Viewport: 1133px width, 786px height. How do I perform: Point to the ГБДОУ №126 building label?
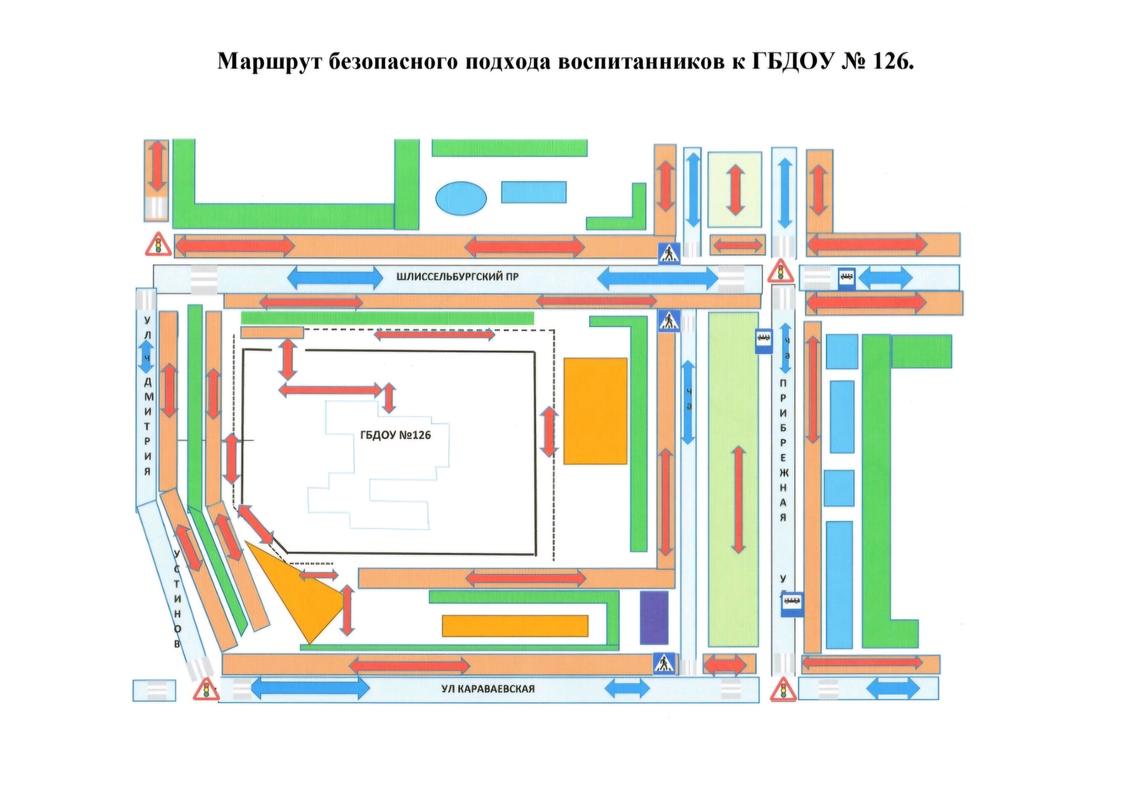pos(395,435)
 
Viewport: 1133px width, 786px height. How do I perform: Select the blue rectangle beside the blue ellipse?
pos(533,192)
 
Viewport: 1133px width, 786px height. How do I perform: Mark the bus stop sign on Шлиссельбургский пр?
pos(847,278)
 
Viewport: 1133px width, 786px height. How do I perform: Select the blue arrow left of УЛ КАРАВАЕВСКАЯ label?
pos(310,688)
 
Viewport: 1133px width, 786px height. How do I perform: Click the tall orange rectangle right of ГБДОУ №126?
pos(595,411)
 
